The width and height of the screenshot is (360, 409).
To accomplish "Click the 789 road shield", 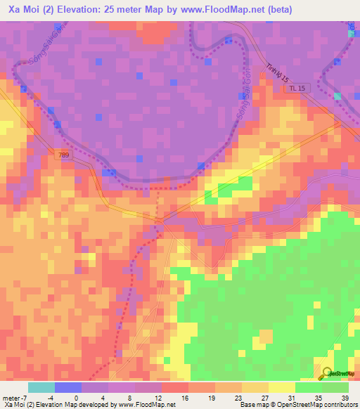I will (x=65, y=152).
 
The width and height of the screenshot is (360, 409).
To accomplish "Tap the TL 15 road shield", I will (x=297, y=89).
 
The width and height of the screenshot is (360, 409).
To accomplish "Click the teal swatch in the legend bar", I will (x=41, y=387).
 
